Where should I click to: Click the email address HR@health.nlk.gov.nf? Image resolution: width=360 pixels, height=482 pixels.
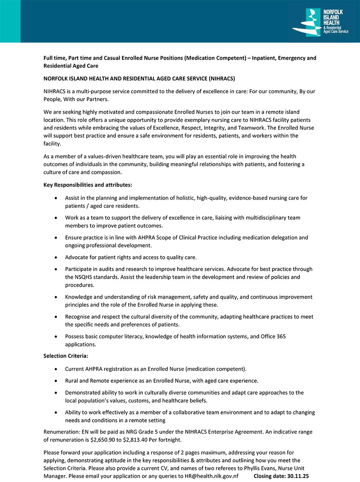point(212,476)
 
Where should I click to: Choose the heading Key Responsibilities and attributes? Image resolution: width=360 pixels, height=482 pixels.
point(88,185)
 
